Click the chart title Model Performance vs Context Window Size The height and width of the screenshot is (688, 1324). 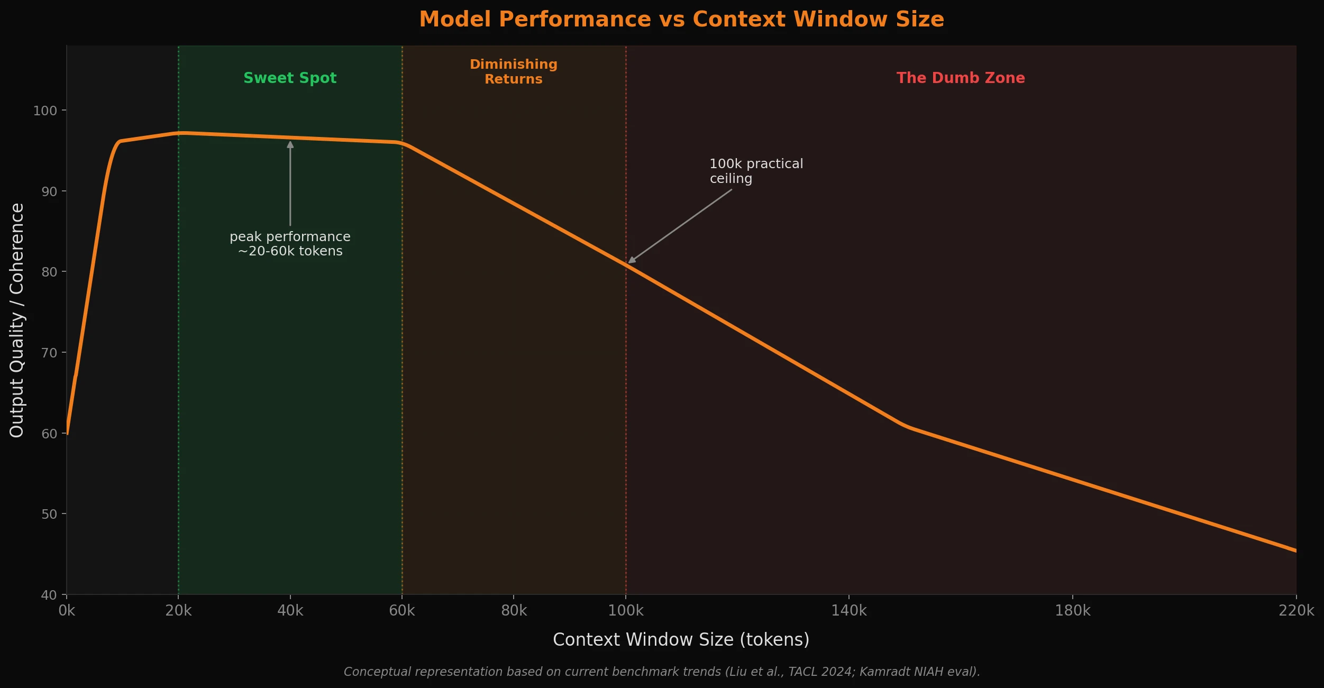click(681, 20)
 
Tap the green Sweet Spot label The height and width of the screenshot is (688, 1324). click(290, 78)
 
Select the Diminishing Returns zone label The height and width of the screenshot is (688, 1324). click(514, 71)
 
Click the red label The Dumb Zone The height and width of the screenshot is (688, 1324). click(961, 78)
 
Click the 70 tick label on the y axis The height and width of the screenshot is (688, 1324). click(49, 353)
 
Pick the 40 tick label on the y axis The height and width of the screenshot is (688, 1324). click(49, 595)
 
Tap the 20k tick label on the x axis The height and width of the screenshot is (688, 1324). click(178, 611)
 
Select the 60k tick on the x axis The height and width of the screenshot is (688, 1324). click(402, 611)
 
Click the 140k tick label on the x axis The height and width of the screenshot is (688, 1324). click(849, 611)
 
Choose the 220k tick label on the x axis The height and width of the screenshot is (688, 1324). click(1296, 611)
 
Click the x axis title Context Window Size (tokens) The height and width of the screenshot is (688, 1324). click(681, 640)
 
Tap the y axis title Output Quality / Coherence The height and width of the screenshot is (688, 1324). click(17, 320)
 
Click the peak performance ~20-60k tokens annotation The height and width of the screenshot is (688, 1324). click(290, 244)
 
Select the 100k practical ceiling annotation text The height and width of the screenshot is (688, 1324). click(756, 171)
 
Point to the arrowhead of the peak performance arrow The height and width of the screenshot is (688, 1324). click(290, 144)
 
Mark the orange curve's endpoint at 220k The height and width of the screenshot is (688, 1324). click(1295, 551)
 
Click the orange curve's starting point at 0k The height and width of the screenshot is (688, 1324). click(68, 433)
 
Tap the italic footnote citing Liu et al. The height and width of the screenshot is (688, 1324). click(662, 672)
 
